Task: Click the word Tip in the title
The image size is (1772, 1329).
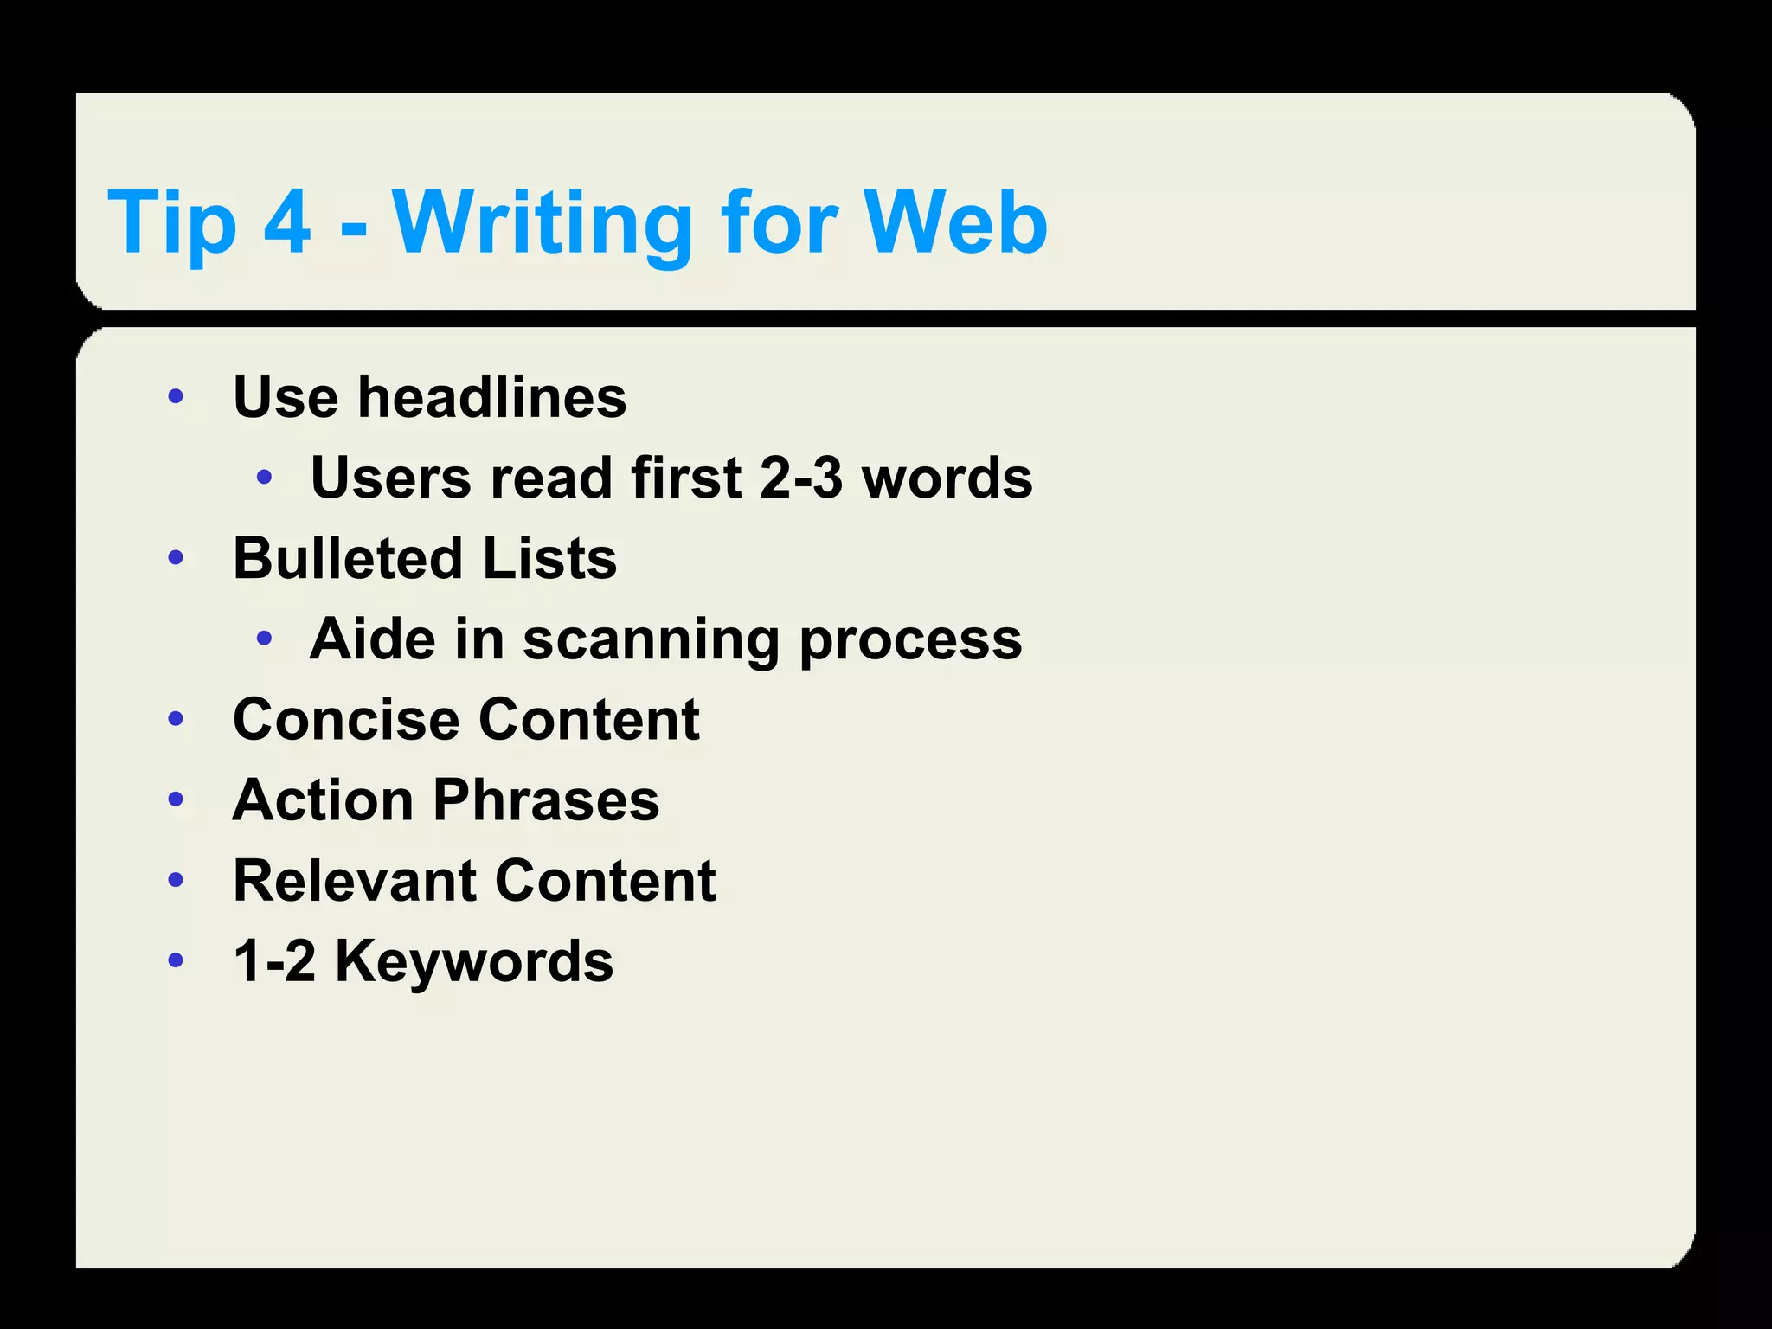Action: pos(172,222)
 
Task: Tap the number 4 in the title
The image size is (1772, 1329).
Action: pos(286,222)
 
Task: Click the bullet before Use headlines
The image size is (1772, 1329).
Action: pos(177,397)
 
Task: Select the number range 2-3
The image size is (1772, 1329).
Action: pos(800,478)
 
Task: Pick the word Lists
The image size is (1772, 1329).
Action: pos(549,558)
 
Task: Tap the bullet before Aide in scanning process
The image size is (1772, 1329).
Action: pos(265,639)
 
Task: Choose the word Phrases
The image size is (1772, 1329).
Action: pos(546,799)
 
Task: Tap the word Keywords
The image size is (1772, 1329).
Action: pos(474,961)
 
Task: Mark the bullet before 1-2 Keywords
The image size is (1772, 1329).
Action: pos(177,960)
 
